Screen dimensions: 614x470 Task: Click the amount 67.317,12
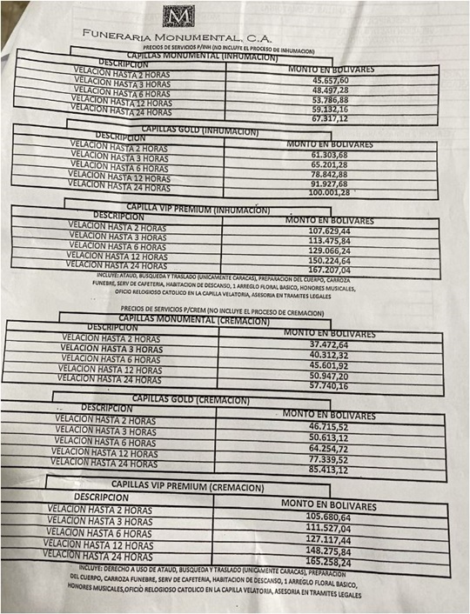click(x=325, y=118)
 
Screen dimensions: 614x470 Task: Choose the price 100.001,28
click(x=323, y=192)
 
